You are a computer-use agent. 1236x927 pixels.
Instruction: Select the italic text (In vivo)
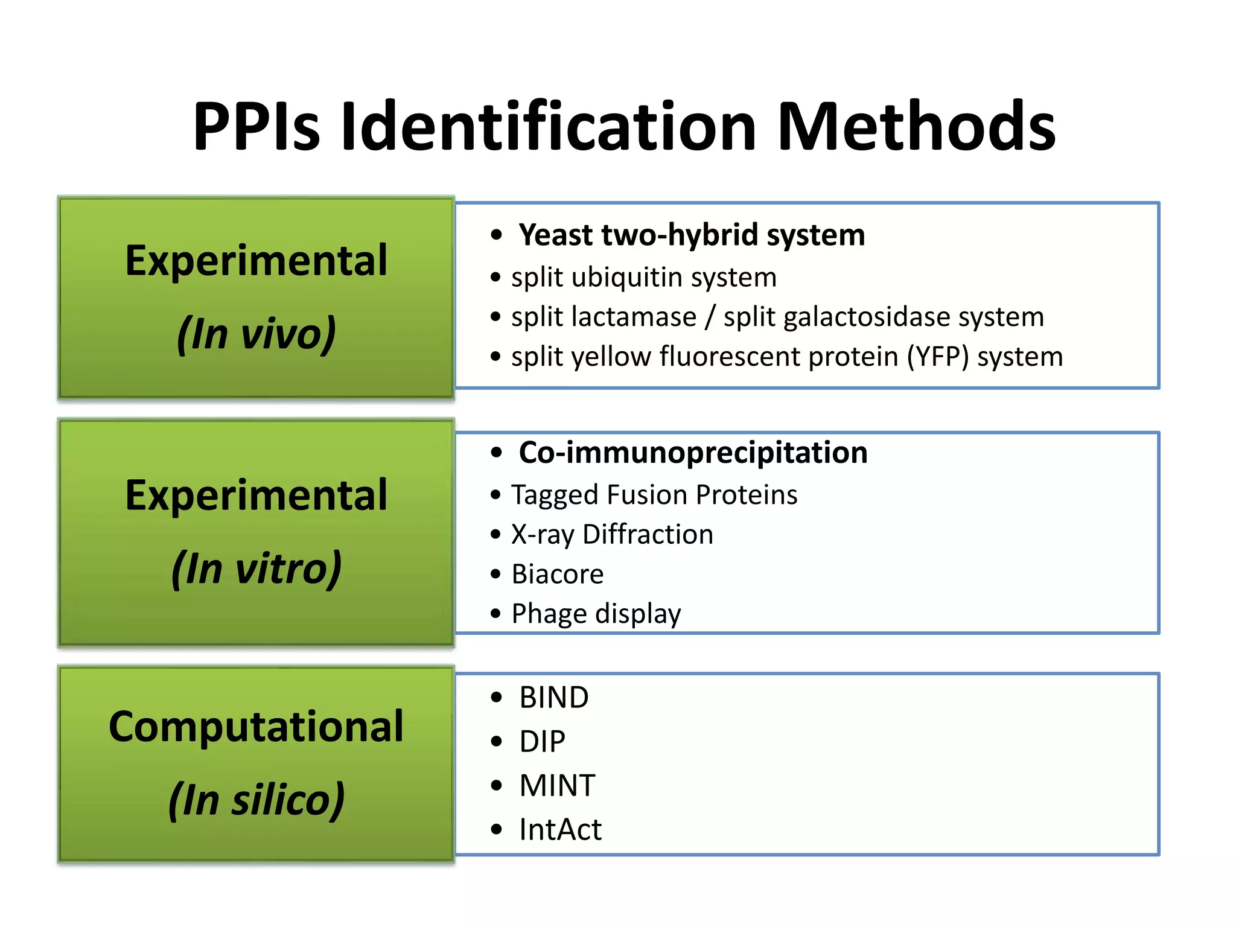256,334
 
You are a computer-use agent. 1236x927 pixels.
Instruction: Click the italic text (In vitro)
256,569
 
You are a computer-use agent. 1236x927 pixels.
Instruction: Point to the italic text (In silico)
256,800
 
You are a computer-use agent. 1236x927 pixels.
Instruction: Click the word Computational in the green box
256,727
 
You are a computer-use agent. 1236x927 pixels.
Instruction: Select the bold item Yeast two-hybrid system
692,235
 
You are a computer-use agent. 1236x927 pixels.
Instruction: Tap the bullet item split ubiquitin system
643,278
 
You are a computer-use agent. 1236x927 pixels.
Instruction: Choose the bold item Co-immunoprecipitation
693,453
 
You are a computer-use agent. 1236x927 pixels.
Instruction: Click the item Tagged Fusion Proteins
654,495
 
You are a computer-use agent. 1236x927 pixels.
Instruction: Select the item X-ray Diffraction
612,535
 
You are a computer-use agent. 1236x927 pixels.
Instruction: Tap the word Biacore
557,574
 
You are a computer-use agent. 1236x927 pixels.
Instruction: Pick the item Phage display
596,614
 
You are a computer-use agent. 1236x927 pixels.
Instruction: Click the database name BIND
553,698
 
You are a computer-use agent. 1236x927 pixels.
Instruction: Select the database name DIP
542,742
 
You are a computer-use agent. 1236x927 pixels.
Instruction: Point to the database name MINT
557,786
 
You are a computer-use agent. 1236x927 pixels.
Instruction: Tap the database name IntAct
560,830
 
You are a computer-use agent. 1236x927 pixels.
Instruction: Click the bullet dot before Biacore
496,574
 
